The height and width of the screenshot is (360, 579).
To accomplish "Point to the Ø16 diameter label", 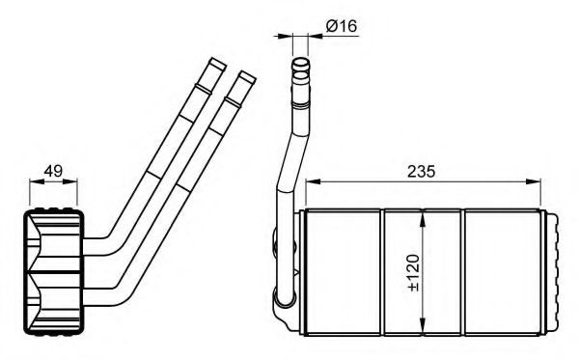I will [342, 26].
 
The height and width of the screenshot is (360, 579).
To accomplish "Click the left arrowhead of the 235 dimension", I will [311, 181].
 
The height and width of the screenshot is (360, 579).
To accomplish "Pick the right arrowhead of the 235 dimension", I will [534, 181].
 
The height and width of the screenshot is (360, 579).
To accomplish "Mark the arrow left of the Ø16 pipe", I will [286, 40].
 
